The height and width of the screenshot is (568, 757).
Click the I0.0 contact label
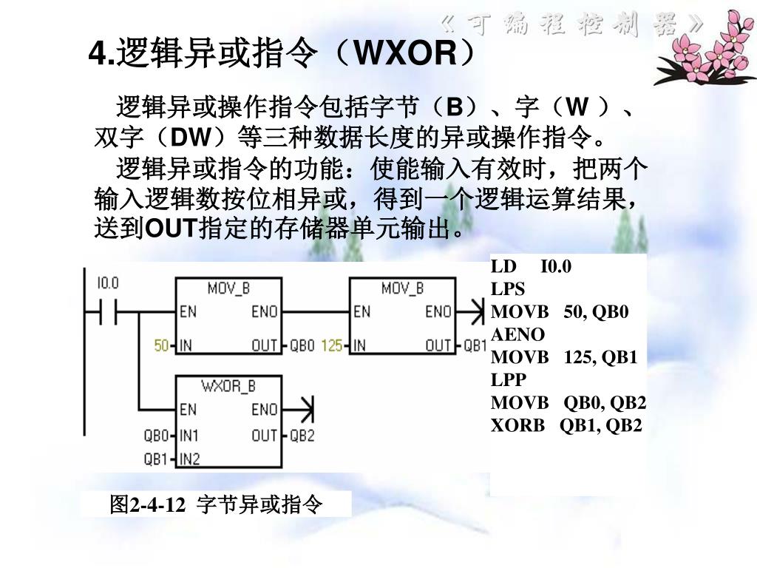click(108, 283)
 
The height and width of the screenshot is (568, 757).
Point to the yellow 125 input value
click(333, 345)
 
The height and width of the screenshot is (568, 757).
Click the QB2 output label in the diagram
click(302, 436)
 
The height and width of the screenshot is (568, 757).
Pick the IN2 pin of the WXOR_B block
click(190, 459)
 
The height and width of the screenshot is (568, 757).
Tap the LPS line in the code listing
click(508, 289)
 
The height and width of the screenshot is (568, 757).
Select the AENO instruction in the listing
click(517, 334)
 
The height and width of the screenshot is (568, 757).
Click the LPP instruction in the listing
click(508, 379)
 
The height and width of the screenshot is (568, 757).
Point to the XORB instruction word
click(517, 425)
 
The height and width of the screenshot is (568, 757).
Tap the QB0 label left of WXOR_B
click(157, 436)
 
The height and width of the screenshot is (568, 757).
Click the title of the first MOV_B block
click(228, 288)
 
